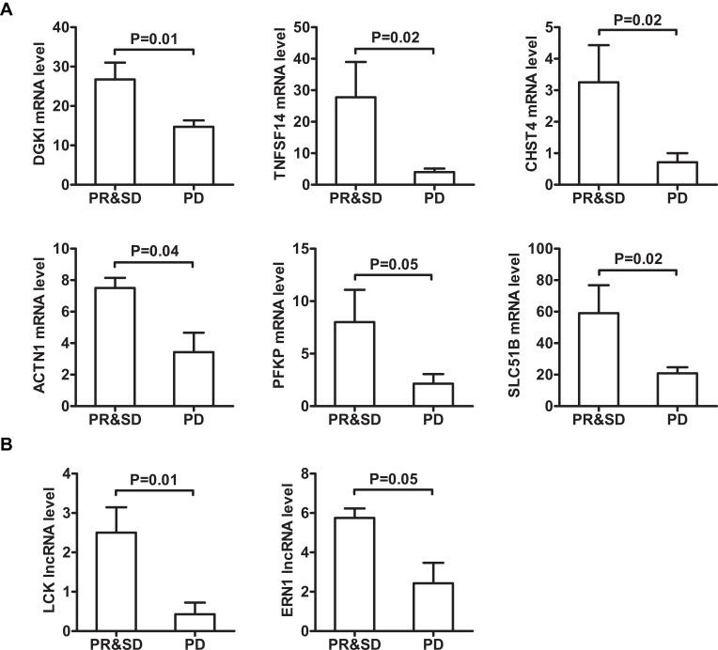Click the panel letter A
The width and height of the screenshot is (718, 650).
coord(8,10)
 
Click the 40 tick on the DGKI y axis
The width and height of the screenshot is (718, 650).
coord(63,26)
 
